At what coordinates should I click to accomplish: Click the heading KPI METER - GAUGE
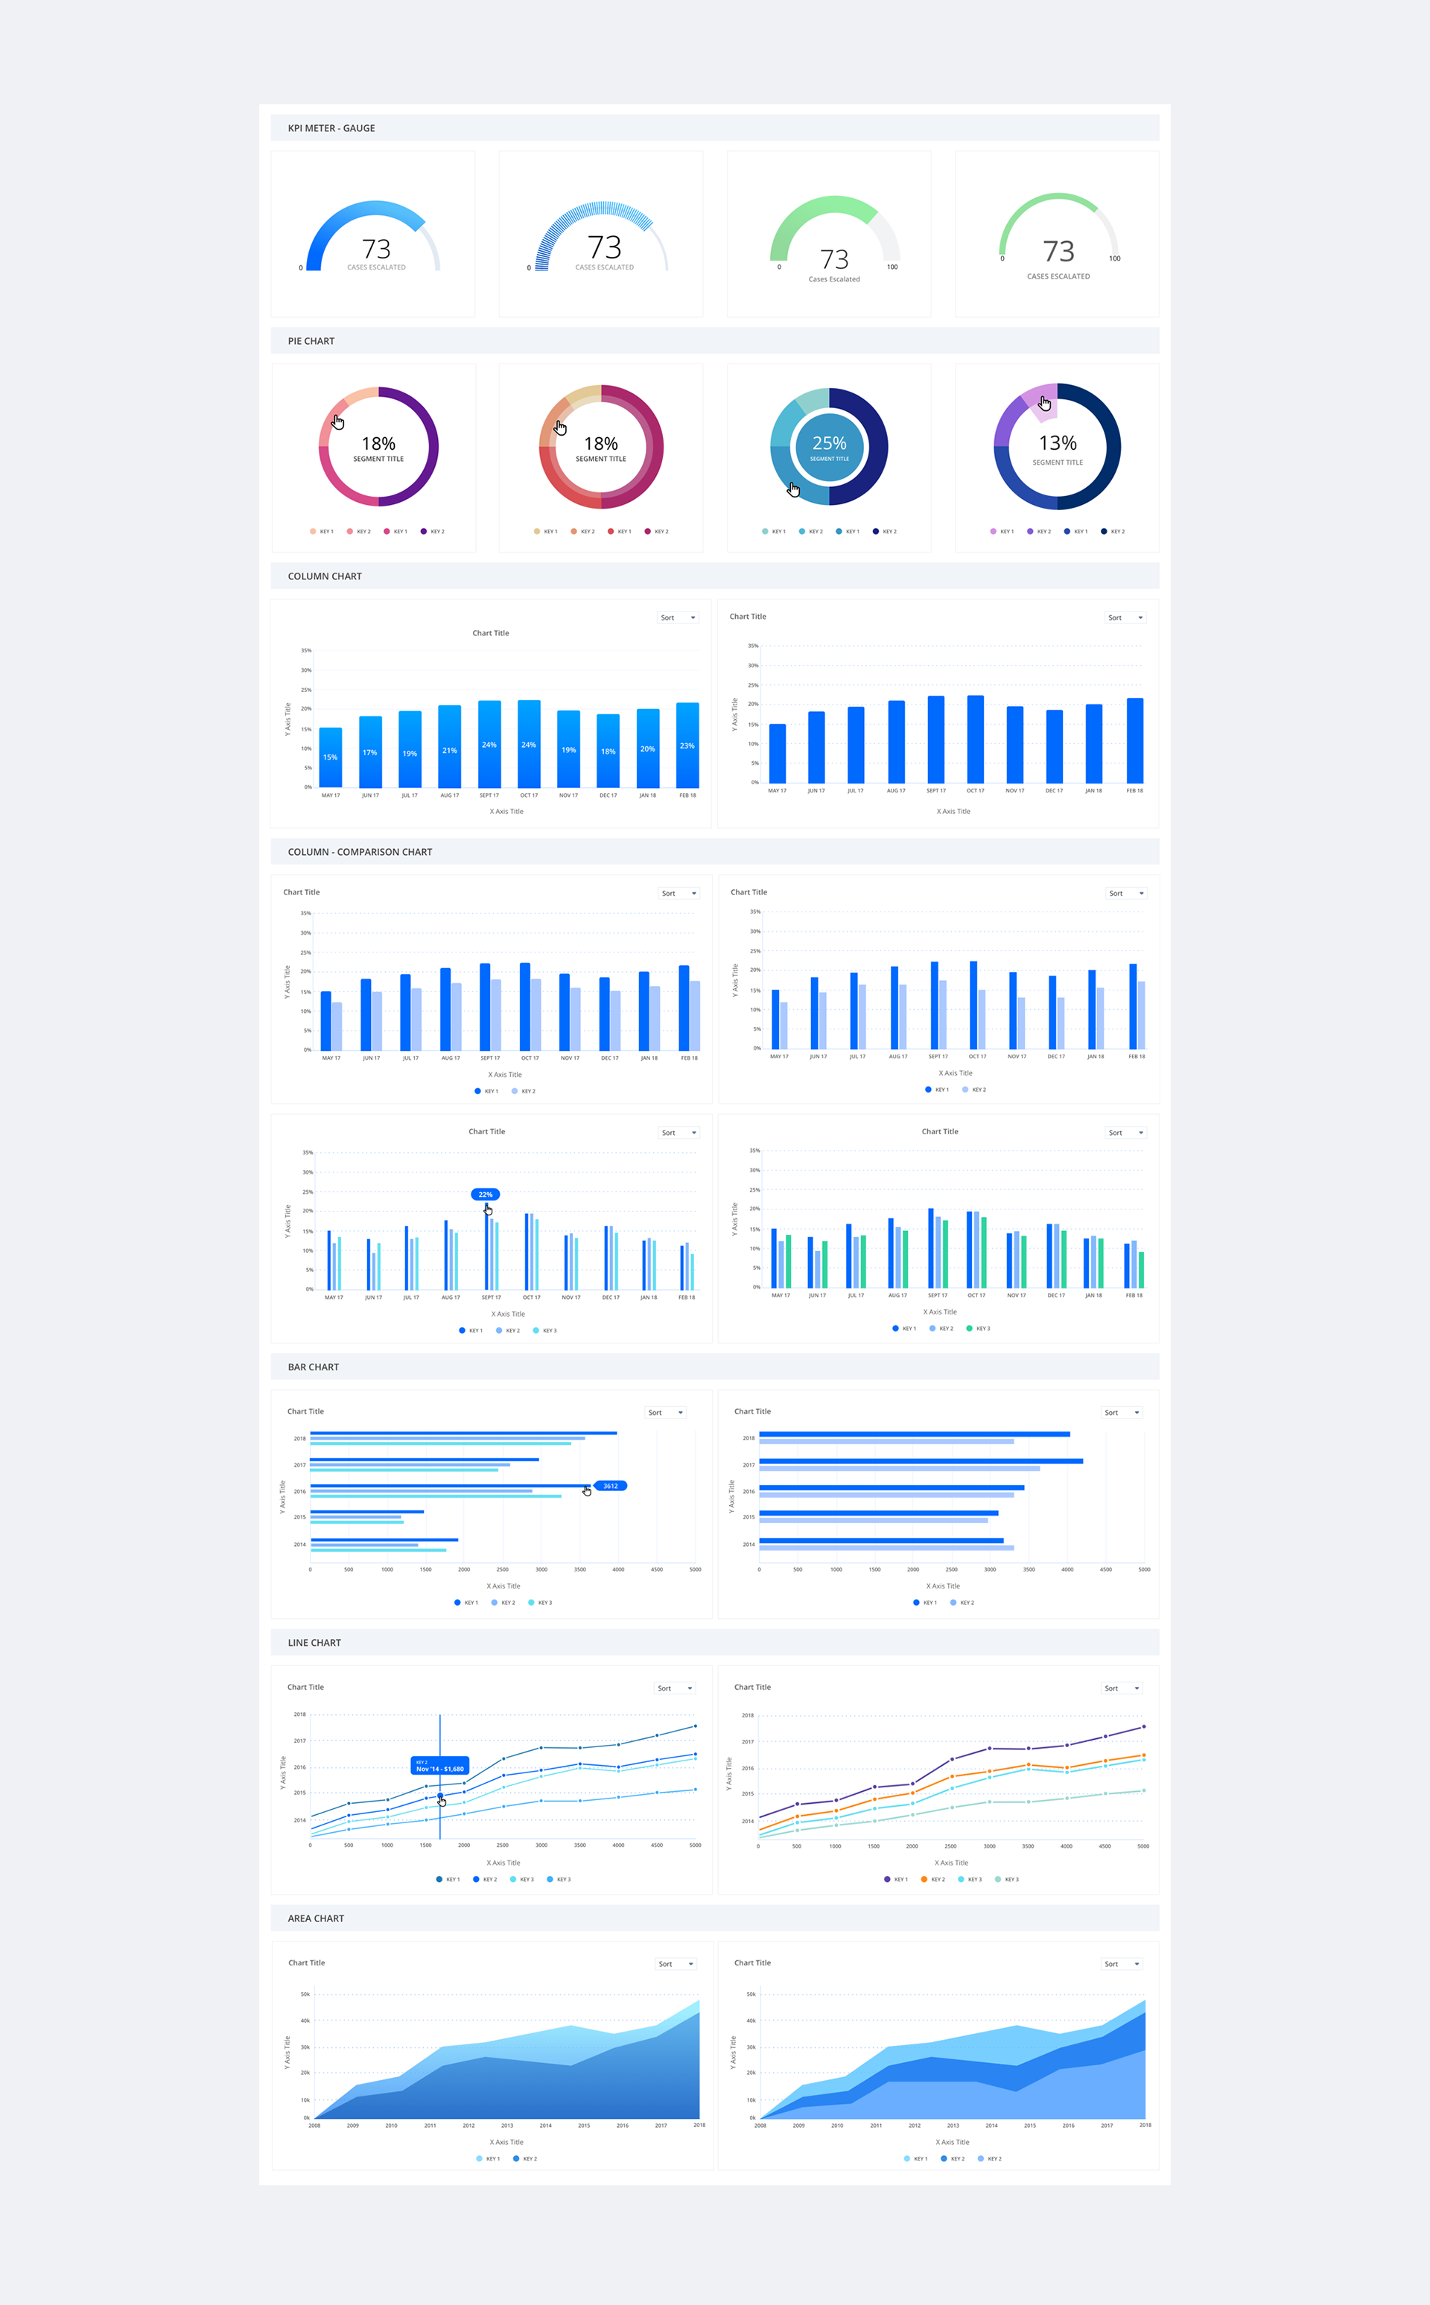point(331,127)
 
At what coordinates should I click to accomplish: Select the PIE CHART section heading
point(311,341)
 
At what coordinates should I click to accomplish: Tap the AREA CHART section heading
point(316,1918)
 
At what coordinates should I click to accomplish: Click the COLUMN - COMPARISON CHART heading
point(360,852)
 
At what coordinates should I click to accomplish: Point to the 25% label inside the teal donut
point(830,443)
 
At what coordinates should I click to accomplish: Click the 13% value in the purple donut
point(1058,443)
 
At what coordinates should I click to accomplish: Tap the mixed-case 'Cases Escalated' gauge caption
point(834,279)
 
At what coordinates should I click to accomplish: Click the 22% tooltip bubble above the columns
point(485,1194)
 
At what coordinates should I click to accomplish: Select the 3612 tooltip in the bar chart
point(610,1485)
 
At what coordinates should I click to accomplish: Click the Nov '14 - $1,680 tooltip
point(439,1766)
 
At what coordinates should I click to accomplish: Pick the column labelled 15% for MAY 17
point(330,757)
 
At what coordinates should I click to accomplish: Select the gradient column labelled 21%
point(449,747)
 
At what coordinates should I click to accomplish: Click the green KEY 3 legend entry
point(978,1329)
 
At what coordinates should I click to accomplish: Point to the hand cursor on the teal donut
point(793,489)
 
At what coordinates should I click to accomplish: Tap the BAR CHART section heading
point(313,1367)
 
